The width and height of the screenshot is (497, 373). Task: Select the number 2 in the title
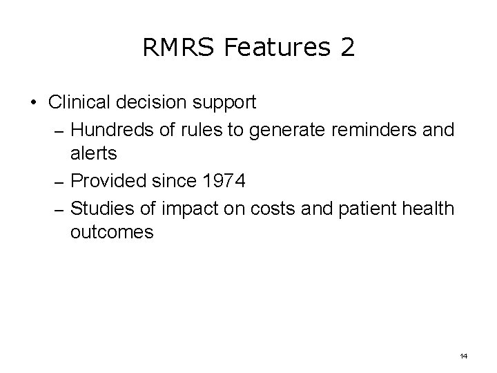[347, 48]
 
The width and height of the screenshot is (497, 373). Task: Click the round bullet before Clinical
[33, 103]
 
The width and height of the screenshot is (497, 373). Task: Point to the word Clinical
[79, 103]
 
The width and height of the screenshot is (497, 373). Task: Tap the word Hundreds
[111, 129]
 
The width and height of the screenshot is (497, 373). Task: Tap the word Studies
[101, 207]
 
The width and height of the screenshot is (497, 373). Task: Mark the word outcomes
[111, 233]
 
